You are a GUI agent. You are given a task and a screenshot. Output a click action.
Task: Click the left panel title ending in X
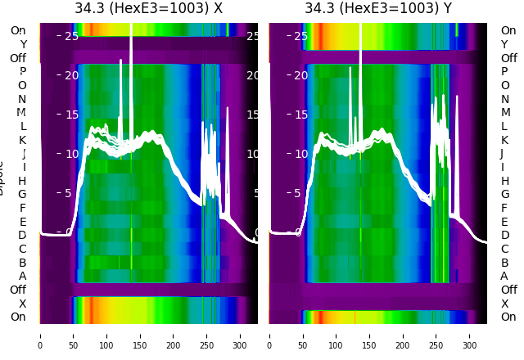pos(148,9)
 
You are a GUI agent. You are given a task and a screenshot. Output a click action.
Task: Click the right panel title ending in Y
pos(378,9)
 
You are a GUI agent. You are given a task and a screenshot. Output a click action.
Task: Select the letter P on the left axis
pos(23,72)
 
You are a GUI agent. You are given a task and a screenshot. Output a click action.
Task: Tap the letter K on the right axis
pos(504,140)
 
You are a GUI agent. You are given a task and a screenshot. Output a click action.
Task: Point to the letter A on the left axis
pos(23,276)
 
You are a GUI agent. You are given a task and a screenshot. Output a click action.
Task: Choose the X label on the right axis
pos(504,304)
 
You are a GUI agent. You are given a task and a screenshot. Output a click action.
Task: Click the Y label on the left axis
pos(23,44)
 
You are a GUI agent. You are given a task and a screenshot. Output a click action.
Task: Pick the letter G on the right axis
pos(504,195)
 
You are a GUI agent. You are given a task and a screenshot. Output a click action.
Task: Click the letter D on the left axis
pos(23,236)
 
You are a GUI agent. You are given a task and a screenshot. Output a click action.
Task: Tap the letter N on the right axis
pos(504,99)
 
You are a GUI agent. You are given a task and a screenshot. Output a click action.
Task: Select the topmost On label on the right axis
pos(508,30)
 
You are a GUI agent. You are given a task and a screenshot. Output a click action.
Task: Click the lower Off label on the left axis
pos(18,290)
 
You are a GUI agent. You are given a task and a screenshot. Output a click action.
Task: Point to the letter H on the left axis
pos(23,181)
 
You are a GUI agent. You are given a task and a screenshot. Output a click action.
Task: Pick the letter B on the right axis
pos(504,263)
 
